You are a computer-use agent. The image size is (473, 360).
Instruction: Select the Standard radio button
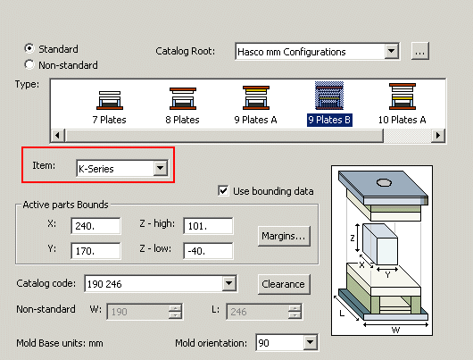tap(29, 48)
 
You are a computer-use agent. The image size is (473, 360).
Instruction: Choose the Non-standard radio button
tap(29, 64)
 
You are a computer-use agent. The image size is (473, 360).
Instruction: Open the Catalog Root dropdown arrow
tap(391, 51)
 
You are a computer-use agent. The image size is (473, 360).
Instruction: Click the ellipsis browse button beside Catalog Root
tap(420, 51)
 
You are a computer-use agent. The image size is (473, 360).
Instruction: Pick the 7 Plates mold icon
tap(110, 100)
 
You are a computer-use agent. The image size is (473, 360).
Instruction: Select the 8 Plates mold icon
tap(183, 98)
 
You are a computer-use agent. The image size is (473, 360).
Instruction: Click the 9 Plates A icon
tap(256, 97)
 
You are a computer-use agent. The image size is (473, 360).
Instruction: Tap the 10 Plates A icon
tap(402, 96)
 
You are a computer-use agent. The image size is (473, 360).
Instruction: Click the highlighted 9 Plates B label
tap(329, 120)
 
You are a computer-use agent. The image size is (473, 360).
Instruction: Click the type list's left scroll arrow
tap(58, 135)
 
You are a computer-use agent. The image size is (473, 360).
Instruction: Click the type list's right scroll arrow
tap(438, 135)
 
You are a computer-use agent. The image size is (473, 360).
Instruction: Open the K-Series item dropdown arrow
tap(160, 168)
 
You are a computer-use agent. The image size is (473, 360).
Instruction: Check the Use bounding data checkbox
tap(223, 191)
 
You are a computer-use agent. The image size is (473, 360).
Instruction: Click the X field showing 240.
tap(95, 226)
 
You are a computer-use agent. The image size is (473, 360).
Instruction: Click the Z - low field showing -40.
tap(208, 251)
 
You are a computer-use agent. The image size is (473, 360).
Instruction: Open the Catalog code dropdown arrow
tap(229, 283)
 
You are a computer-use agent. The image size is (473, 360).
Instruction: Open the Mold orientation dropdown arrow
tap(310, 342)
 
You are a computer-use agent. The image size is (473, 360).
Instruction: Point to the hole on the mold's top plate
tap(385, 182)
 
